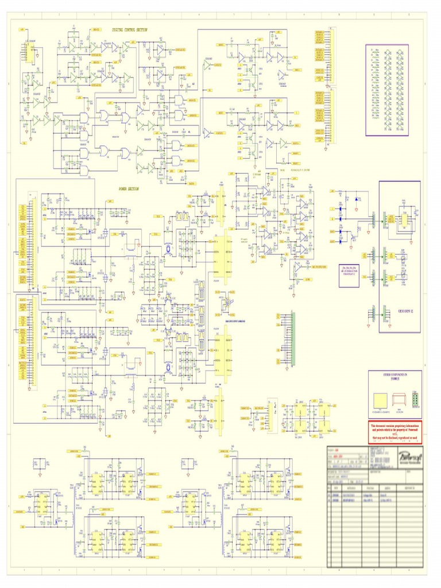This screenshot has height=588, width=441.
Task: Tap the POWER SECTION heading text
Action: [129, 188]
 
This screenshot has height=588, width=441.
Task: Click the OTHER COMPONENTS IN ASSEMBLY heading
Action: [394, 376]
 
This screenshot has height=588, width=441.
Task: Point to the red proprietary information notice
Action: [394, 431]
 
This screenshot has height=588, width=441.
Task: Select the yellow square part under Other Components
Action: [380, 400]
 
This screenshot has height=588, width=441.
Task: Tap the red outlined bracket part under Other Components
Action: [399, 400]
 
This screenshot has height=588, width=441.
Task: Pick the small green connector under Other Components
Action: [415, 399]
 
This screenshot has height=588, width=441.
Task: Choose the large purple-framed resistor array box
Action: [387, 90]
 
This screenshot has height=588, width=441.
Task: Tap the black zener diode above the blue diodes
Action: [356, 199]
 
